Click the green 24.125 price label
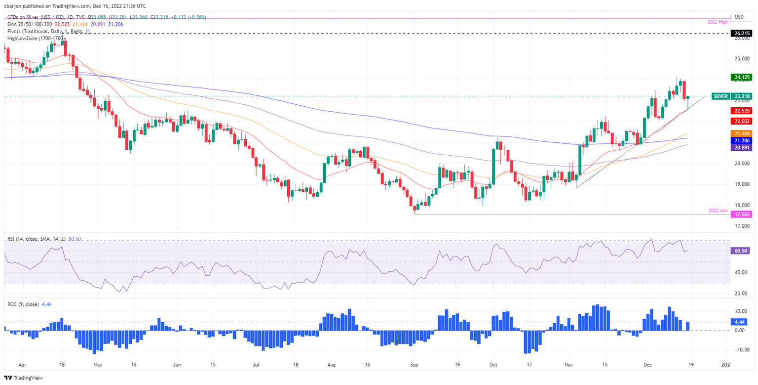point(742,77)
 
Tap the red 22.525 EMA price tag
point(742,111)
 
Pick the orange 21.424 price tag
point(742,133)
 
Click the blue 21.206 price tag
point(742,141)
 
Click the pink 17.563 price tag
point(742,214)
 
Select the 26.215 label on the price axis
point(742,33)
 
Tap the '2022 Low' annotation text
point(717,211)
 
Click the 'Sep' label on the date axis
point(414,366)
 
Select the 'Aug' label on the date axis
point(332,366)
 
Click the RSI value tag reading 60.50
point(742,251)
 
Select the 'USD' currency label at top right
point(739,17)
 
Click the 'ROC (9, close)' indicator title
point(24,304)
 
